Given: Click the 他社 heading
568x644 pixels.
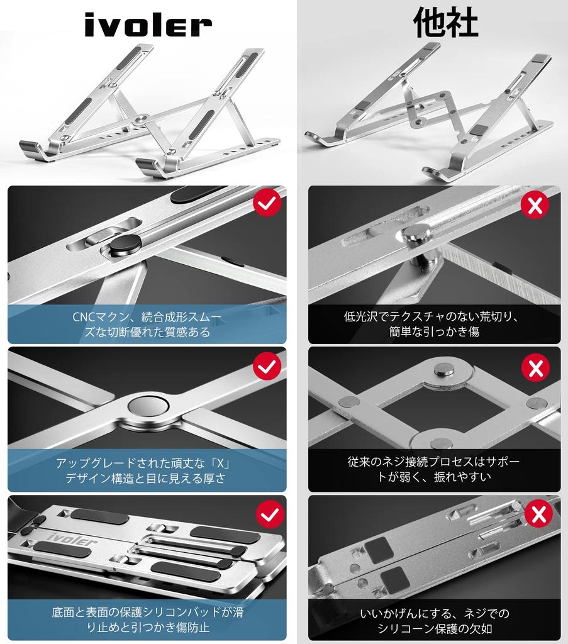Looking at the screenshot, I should pyautogui.click(x=445, y=23).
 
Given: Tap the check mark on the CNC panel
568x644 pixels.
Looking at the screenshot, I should pyautogui.click(x=267, y=203).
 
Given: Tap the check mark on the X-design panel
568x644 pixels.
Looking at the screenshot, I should pyautogui.click(x=267, y=366).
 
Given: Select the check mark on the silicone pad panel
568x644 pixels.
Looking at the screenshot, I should pyautogui.click(x=270, y=514).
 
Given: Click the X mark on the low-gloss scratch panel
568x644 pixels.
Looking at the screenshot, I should pyautogui.click(x=535, y=205).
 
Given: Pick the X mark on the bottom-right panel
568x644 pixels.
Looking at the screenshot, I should pyautogui.click(x=538, y=514).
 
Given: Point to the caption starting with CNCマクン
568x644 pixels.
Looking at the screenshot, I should pyautogui.click(x=147, y=324).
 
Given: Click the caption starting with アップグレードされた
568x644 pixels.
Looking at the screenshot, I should pyautogui.click(x=147, y=470).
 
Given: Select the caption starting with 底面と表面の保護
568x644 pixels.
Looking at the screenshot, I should pyautogui.click(x=147, y=619).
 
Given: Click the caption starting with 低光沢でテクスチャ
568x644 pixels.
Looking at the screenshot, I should pyautogui.click(x=434, y=324).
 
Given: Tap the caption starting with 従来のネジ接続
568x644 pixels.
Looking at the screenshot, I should pyautogui.click(x=434, y=469).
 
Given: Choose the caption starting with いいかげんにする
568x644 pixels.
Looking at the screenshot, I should pyautogui.click(x=434, y=620).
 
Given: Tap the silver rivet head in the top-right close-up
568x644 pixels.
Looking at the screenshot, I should pyautogui.click(x=415, y=233).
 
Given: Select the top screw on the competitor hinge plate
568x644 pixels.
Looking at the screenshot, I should pyautogui.click(x=446, y=371).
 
